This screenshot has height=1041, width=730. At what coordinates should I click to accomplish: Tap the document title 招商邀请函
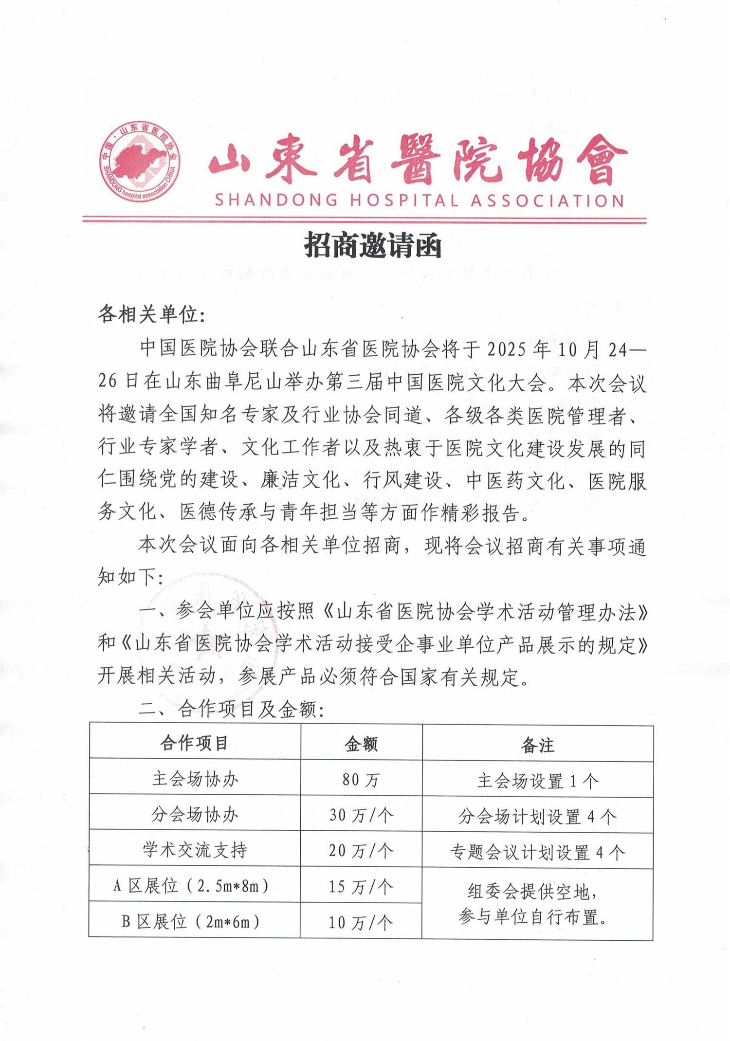[373, 245]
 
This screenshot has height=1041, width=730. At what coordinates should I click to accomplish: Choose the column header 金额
[361, 744]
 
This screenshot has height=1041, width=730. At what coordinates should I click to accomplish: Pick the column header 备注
[537, 745]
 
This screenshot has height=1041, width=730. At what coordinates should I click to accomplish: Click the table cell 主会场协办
[195, 779]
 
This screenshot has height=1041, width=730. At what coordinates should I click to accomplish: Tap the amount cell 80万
[361, 780]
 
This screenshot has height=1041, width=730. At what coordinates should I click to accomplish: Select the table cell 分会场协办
[195, 815]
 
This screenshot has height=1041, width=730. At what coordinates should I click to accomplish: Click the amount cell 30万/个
[361, 816]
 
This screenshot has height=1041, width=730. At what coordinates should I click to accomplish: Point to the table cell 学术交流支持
[195, 850]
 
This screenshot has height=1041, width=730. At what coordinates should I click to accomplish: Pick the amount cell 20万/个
[361, 851]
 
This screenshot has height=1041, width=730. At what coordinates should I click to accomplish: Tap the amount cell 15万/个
[361, 887]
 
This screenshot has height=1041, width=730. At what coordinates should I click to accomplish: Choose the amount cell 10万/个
[361, 922]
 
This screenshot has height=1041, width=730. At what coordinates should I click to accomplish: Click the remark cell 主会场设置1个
[537, 781]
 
